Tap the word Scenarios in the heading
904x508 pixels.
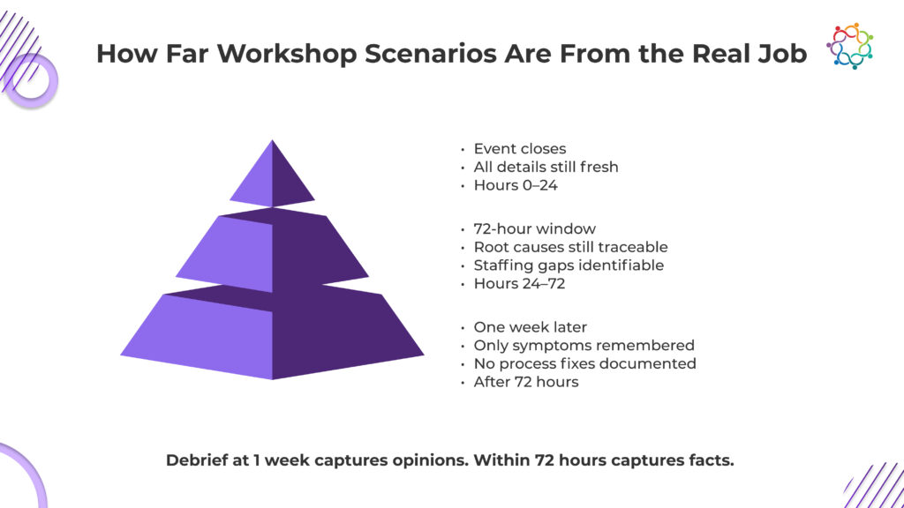coord(431,54)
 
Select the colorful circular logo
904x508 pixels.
coord(850,46)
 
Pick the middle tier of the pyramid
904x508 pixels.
coord(272,250)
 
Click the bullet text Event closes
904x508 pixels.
coord(519,148)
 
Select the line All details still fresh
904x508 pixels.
coord(546,167)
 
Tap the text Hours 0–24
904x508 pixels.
coord(516,185)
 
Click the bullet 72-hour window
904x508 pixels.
coord(534,228)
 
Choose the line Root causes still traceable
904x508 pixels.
coord(571,247)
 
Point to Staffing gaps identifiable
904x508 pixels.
coord(569,265)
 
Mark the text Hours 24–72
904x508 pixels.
coord(519,284)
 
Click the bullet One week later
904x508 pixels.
coord(530,327)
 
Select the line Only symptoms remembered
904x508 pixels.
coord(584,346)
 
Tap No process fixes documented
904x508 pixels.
coord(584,364)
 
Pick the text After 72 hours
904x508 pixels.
coord(526,382)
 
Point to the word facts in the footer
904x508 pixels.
coord(712,460)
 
